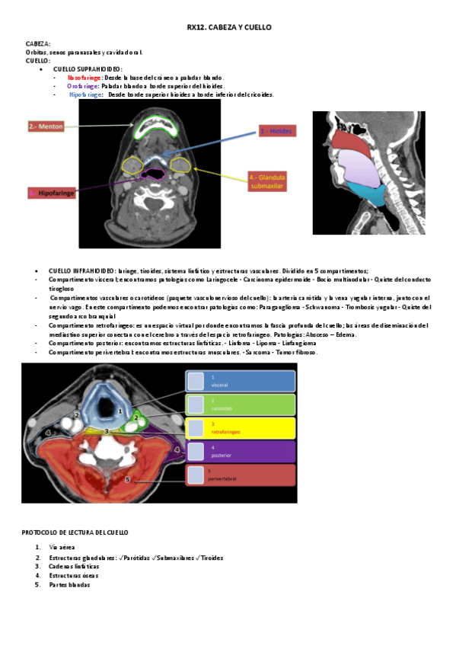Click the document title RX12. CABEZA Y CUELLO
tap(228, 27)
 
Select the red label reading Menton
tap(46, 126)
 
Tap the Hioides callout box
tap(276, 131)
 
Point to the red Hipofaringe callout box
tap(53, 193)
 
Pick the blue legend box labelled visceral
tap(240, 381)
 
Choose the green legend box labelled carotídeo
tap(240, 405)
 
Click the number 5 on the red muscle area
tap(127, 479)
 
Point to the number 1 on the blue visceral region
tap(120, 411)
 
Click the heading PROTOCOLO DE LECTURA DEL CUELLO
tap(75, 532)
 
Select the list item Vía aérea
tap(62, 548)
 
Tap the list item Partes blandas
tap(69, 585)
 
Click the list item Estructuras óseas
tap(74, 576)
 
